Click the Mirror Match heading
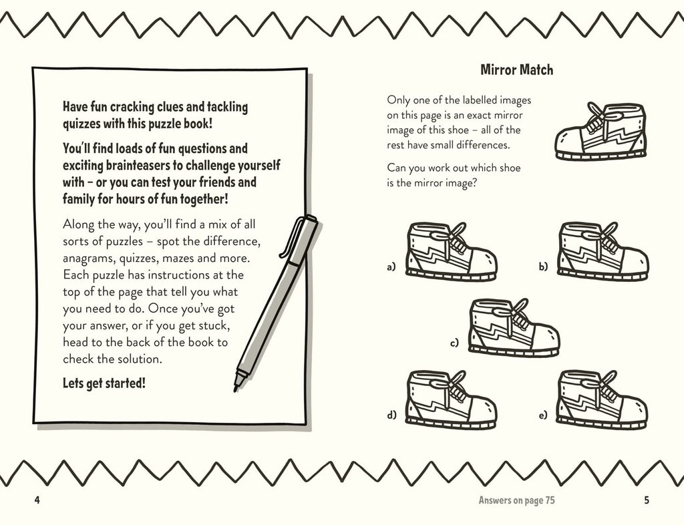[516, 69]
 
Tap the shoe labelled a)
[452, 251]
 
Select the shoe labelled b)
[603, 251]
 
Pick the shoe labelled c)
[514, 327]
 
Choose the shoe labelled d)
[452, 399]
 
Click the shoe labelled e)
[602, 399]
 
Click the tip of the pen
[236, 389]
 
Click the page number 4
[37, 500]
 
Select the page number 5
[647, 500]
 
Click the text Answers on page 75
[516, 500]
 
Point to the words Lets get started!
[104, 383]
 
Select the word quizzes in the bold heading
[81, 124]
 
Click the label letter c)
[454, 343]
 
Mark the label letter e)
[542, 415]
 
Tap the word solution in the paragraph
[140, 359]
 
